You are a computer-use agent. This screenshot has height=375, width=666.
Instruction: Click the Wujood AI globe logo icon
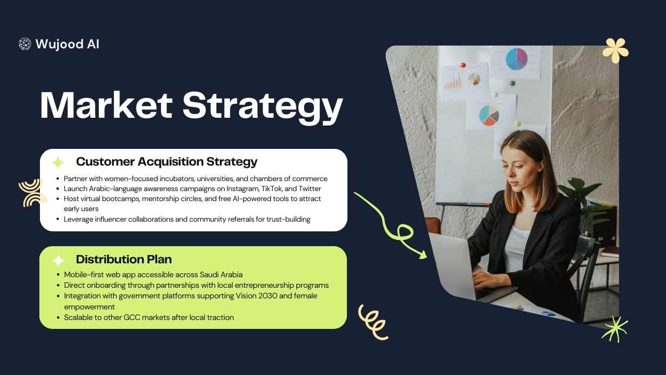[x=24, y=44]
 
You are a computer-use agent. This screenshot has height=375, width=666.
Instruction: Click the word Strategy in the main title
[x=263, y=107]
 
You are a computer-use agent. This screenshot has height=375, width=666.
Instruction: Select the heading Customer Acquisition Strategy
[x=167, y=162]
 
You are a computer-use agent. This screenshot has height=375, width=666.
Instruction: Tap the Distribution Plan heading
[x=124, y=259]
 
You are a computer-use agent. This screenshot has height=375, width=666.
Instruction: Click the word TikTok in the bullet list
[x=272, y=189]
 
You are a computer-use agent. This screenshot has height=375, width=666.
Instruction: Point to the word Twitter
[x=310, y=189]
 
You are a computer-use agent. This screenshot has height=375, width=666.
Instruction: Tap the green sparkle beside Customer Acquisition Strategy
[x=58, y=163]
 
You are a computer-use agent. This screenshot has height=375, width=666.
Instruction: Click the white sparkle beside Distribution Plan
[x=58, y=261]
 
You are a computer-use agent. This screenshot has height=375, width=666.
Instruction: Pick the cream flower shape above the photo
[x=615, y=51]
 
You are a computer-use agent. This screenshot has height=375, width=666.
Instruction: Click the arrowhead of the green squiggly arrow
[x=423, y=255]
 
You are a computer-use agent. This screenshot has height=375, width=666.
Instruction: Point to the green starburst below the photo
[x=615, y=329]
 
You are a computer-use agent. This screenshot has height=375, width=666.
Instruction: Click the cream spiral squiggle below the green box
[x=374, y=322]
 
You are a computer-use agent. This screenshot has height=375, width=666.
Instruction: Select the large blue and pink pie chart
[x=517, y=59]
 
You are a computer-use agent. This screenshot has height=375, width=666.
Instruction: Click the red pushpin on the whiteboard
[x=463, y=65]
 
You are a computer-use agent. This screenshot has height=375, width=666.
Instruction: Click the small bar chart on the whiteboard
[x=453, y=82]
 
